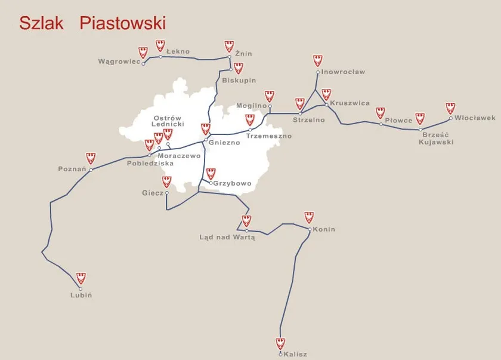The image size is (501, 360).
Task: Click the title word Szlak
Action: (42, 23)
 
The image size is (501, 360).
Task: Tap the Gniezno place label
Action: (224, 143)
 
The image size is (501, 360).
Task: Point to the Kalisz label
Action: (295, 354)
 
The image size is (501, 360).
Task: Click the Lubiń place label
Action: (81, 295)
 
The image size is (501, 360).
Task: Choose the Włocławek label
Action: (475, 118)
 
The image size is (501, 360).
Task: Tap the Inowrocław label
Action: (343, 72)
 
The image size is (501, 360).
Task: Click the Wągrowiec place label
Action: (119, 61)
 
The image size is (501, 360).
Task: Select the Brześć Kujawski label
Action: (436, 139)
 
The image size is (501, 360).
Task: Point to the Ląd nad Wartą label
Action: (227, 237)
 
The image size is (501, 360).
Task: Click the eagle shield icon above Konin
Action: (309, 217)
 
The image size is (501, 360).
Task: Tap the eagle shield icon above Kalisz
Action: (280, 343)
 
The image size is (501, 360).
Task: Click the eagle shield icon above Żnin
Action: (229, 46)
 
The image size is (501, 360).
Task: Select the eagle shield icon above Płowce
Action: (381, 113)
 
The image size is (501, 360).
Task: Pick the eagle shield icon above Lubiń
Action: (81, 278)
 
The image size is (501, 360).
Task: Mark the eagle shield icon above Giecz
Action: (166, 181)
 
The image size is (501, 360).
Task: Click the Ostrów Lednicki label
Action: (166, 121)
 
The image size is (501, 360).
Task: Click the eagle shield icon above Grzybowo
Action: (211, 174)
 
